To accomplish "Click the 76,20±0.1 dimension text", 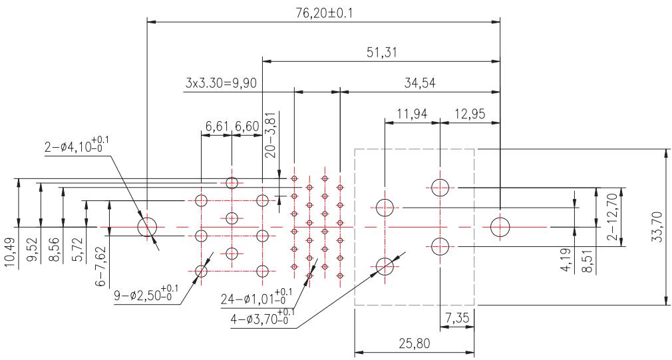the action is point(324,13).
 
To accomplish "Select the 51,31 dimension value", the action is point(381,53).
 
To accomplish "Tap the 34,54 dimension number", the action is point(420,83).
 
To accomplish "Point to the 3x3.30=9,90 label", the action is point(221,83).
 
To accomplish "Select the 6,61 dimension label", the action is point(216,126).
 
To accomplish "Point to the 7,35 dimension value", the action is point(457,319).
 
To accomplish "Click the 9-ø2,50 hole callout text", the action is point(146,294).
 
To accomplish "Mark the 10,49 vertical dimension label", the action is point(11,253).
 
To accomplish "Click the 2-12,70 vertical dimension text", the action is point(613,218).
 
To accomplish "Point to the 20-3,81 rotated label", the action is point(271,135).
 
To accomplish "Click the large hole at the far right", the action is point(500,227).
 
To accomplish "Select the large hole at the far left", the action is point(147,227).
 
